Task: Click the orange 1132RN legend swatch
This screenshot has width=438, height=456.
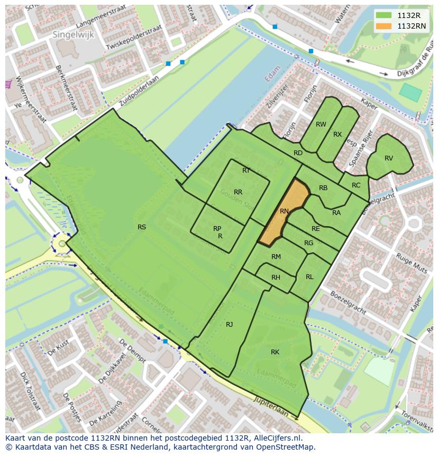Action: click(x=385, y=26)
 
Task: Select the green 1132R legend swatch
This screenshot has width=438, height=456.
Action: click(x=385, y=15)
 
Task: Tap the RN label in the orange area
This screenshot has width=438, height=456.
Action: click(x=284, y=211)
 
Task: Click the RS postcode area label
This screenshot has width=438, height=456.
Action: click(x=142, y=227)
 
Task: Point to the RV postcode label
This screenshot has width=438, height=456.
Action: click(x=389, y=158)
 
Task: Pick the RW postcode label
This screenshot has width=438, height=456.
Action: click(x=321, y=124)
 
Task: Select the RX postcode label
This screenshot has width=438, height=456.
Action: click(x=337, y=135)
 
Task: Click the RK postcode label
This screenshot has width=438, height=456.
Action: click(x=275, y=352)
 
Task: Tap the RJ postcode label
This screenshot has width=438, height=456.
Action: click(x=230, y=325)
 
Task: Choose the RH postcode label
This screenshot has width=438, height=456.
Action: click(x=276, y=278)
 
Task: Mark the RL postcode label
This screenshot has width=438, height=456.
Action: click(x=309, y=277)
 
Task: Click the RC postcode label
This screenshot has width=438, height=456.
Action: click(x=356, y=185)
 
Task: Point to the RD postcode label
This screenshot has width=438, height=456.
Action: click(x=298, y=153)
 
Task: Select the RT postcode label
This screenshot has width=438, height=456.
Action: click(x=246, y=171)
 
